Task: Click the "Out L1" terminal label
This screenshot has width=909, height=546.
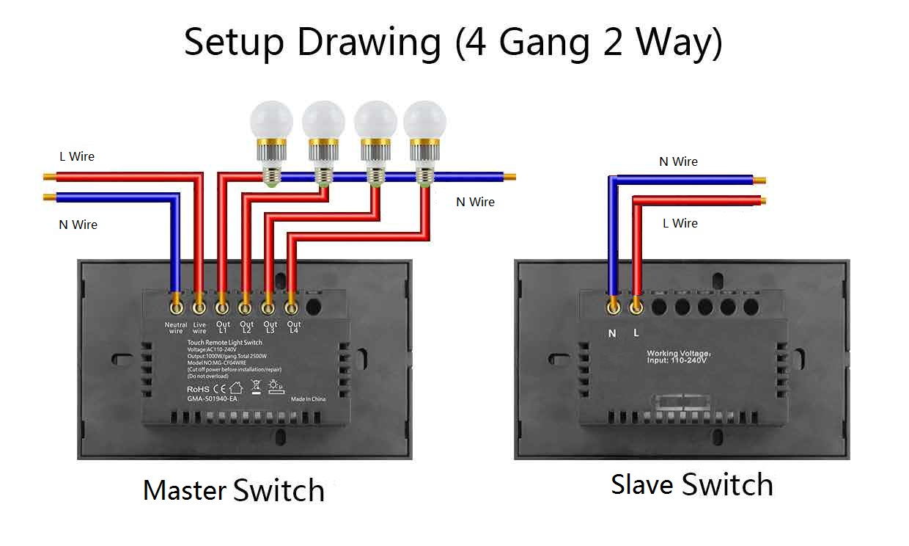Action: [x=223, y=327]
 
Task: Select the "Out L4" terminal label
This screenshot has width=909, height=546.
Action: [x=293, y=327]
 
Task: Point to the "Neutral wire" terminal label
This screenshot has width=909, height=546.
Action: [x=176, y=327]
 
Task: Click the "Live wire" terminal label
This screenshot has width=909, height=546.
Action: [x=199, y=327]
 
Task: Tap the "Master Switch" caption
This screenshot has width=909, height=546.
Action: [x=233, y=490]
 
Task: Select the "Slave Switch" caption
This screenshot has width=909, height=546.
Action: [x=691, y=485]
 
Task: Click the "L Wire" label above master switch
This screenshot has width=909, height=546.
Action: [x=77, y=156]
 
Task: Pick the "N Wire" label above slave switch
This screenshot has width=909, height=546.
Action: [x=678, y=161]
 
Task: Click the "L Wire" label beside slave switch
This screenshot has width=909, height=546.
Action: [x=680, y=223]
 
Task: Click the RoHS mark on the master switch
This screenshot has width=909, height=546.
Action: [x=199, y=388]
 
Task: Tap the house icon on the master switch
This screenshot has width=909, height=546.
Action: [x=236, y=387]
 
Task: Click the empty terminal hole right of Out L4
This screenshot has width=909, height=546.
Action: [x=314, y=303]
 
